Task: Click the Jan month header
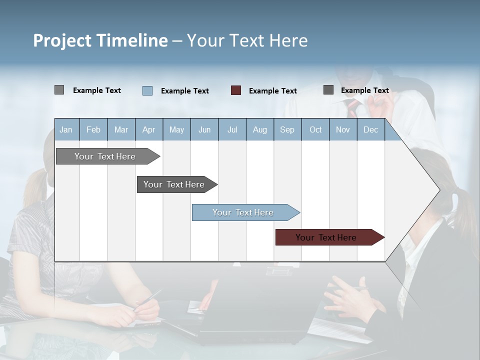point(66,129)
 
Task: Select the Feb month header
point(93,129)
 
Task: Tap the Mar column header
point(121,129)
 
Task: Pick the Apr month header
point(149,129)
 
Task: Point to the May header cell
point(176,129)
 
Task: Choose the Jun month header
point(204,129)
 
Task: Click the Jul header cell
point(232,129)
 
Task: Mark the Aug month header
point(260,129)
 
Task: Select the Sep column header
point(287,129)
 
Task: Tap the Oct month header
point(315,129)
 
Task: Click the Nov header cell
point(343,129)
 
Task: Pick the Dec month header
point(371,129)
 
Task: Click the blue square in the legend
point(147,90)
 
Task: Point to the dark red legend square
point(236,90)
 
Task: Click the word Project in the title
point(62,40)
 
